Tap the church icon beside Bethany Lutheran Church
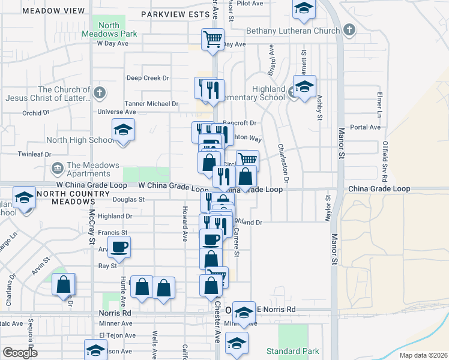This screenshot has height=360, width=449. [x=349, y=30]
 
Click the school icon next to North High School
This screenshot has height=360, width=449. [x=123, y=130]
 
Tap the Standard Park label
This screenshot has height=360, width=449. [x=293, y=351]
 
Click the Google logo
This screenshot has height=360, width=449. [x=19, y=352]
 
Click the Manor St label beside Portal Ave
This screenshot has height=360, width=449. [x=340, y=138]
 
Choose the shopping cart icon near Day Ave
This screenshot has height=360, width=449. [x=212, y=40]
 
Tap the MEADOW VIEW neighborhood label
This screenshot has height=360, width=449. [x=52, y=11]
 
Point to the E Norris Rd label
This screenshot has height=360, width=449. [x=276, y=310]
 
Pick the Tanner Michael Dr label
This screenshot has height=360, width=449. [x=151, y=104]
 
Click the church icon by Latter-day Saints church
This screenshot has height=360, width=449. [x=100, y=93]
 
